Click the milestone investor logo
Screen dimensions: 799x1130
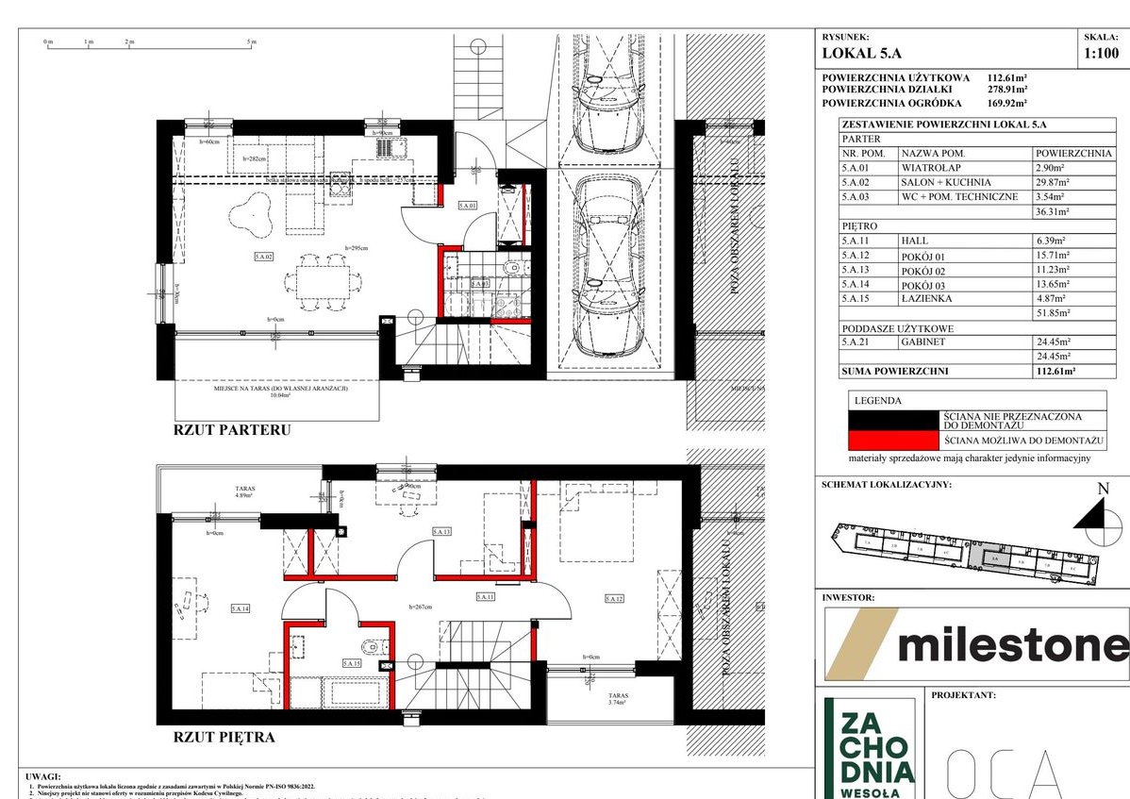976,644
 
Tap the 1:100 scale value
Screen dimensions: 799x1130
1102,54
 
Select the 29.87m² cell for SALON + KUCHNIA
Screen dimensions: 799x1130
1055,182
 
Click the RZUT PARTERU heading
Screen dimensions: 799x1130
231,430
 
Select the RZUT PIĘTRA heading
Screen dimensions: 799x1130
224,737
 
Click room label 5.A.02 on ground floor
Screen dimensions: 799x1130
262,256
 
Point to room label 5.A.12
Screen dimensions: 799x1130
614,598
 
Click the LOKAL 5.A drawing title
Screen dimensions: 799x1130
862,54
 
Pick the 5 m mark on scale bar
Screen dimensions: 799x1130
251,42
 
